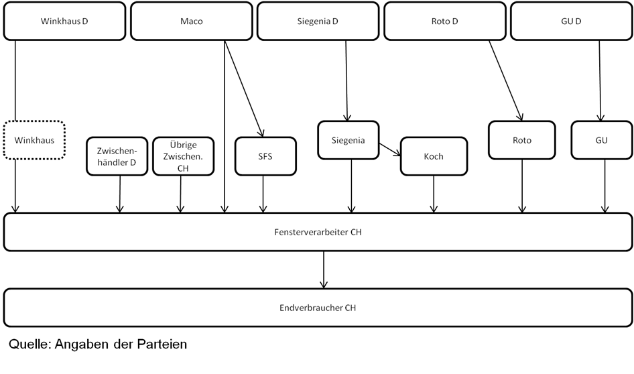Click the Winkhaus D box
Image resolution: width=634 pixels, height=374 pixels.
[x=65, y=21]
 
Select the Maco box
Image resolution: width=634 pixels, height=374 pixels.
[x=192, y=21]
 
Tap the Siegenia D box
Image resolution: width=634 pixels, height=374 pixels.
[x=318, y=21]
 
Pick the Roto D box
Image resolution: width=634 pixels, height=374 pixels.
[x=445, y=21]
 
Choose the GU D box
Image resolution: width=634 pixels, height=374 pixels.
[x=571, y=21]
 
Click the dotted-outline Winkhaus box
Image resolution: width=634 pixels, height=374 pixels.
[x=34, y=140]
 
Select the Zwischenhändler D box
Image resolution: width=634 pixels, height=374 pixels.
[x=117, y=156]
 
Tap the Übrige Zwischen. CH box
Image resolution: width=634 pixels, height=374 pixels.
[x=183, y=156]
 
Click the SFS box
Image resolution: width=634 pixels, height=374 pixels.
[x=265, y=156]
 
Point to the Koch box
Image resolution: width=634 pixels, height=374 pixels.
[x=434, y=156]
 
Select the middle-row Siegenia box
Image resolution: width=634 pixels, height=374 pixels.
[x=348, y=140]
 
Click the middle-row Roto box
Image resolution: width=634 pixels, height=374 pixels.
[x=522, y=140]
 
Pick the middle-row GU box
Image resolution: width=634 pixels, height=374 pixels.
[x=602, y=140]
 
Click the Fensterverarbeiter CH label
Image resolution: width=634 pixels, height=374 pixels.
[x=318, y=232]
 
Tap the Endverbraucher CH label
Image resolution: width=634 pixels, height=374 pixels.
[x=318, y=308]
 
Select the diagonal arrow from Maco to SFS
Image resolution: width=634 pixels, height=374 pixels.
[x=244, y=88]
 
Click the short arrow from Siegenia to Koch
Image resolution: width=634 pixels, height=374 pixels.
[x=390, y=149]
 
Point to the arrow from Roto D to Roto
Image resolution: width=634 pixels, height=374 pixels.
[x=506, y=80]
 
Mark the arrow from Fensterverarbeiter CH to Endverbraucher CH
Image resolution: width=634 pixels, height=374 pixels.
[x=324, y=269]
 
